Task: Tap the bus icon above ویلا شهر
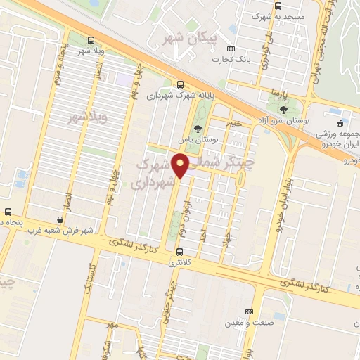[x=90, y=40]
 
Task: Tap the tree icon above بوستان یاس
[x=198, y=129]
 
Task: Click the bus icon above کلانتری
[x=180, y=251]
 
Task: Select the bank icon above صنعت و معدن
[x=248, y=311]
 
